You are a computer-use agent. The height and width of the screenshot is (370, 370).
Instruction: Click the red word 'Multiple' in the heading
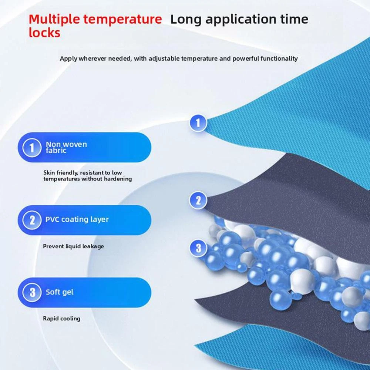coord(54,20)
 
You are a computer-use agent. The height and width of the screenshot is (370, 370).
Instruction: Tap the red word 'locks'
coord(44,33)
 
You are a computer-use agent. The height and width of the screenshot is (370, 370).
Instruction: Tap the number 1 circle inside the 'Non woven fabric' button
coord(32,148)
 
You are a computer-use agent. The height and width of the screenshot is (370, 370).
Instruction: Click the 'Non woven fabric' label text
coord(66,147)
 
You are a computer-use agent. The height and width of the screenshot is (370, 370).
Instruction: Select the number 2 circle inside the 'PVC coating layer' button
coord(32,220)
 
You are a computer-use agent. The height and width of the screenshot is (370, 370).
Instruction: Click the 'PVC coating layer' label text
coord(77,219)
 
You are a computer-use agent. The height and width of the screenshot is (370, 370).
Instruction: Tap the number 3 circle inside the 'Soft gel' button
coord(32,292)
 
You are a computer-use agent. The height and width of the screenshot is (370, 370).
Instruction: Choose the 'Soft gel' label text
coord(60,292)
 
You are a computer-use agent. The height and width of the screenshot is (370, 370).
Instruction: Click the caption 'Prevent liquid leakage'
coord(73,246)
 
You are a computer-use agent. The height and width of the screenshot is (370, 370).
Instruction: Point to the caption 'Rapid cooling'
coord(61,319)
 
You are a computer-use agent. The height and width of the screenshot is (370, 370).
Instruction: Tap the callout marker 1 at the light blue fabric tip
coord(198,123)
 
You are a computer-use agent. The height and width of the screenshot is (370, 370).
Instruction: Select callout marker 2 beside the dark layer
coord(198,200)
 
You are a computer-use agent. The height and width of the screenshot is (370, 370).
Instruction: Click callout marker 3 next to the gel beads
coord(198,248)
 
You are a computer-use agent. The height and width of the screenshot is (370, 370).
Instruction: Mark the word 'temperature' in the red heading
coord(123,20)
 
